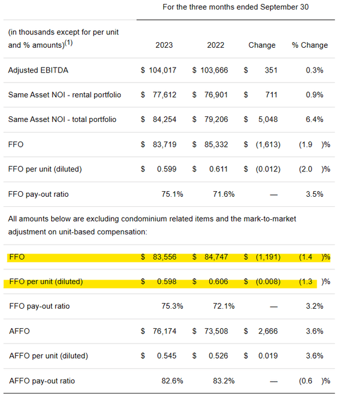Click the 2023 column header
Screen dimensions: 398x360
pos(164,45)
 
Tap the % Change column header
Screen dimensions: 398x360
pos(309,45)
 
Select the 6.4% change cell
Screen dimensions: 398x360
pos(314,119)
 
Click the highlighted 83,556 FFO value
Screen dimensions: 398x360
pos(163,257)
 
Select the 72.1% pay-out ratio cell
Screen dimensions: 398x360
pos(223,306)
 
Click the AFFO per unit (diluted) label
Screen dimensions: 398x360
pos(48,355)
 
